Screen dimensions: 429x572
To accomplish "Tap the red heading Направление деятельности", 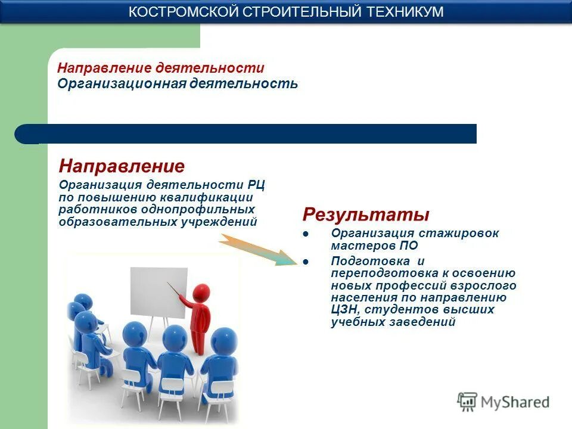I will [x=161, y=68].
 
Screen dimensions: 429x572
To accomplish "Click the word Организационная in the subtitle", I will [x=122, y=83].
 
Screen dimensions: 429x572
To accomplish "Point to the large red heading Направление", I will [x=122, y=166].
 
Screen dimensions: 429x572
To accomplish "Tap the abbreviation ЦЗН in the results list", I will [x=344, y=310].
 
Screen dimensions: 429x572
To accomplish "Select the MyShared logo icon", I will [x=468, y=402].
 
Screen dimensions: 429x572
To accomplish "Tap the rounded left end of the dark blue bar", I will [x=24, y=134].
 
